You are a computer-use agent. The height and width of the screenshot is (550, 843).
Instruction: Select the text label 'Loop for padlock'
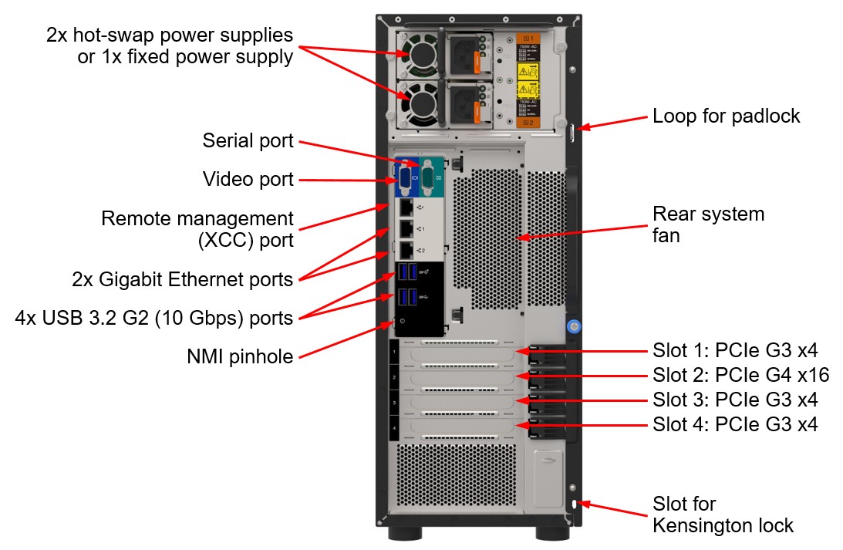pyautogui.click(x=726, y=116)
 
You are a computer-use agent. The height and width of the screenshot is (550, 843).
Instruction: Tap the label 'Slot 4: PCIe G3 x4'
pyautogui.click(x=735, y=423)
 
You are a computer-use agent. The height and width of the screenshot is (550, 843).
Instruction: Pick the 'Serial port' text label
pyautogui.click(x=248, y=140)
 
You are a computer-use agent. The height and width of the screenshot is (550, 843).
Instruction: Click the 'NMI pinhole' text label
pyautogui.click(x=240, y=356)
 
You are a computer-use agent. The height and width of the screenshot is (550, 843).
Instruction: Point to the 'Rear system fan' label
pyautogui.click(x=708, y=224)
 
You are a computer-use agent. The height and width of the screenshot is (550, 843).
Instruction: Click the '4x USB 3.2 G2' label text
pyautogui.click(x=154, y=317)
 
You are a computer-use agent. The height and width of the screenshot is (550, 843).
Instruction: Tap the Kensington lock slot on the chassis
pyautogui.click(x=573, y=504)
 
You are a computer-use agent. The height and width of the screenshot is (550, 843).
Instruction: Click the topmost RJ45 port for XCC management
pyautogui.click(x=406, y=207)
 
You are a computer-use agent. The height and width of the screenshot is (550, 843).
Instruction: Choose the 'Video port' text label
pyautogui.click(x=248, y=180)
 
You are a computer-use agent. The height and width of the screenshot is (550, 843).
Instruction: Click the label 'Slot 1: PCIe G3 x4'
pyautogui.click(x=735, y=351)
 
